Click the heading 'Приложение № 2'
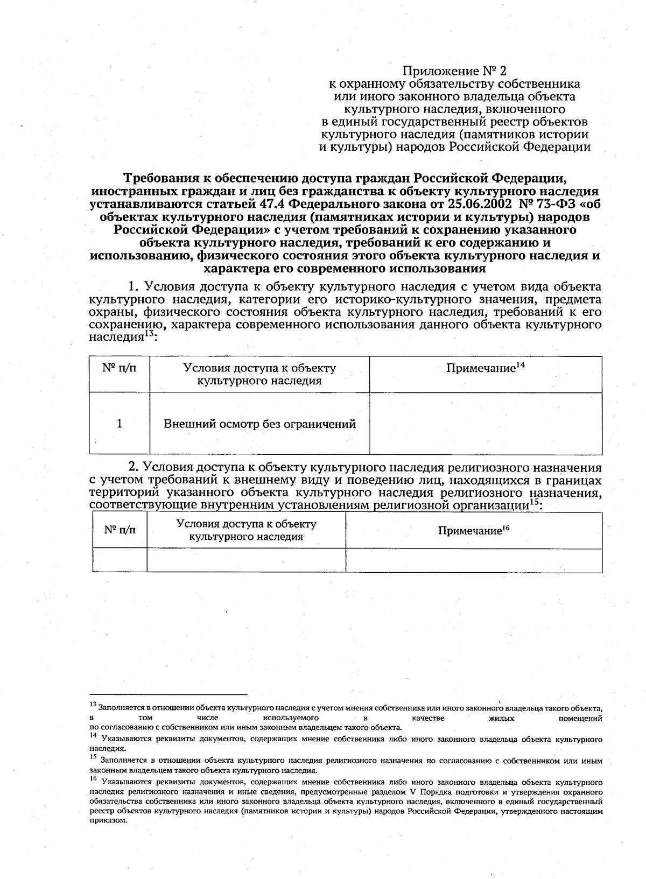tap(455, 71)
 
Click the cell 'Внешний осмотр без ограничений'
tap(259, 424)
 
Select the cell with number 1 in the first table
tap(120, 424)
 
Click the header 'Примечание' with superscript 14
tap(486, 368)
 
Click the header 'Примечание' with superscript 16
tap(474, 531)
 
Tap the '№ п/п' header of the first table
tap(119, 368)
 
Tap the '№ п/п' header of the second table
tap(120, 530)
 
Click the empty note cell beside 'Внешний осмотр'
tap(486, 424)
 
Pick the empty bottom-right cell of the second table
tap(474, 560)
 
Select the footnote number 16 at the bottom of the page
tap(93, 779)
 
